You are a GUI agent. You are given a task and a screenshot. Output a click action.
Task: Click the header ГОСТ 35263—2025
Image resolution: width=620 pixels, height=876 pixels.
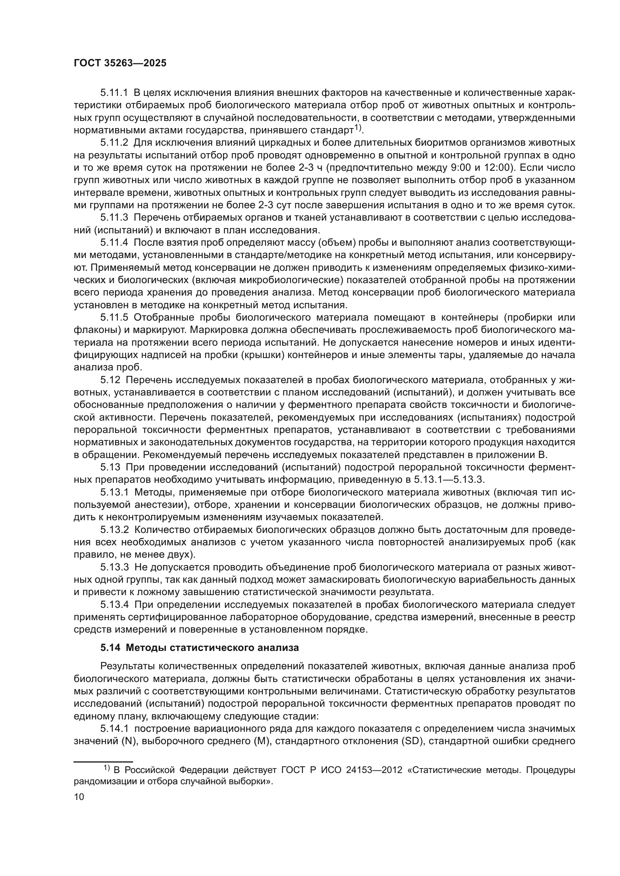[x=120, y=63]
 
